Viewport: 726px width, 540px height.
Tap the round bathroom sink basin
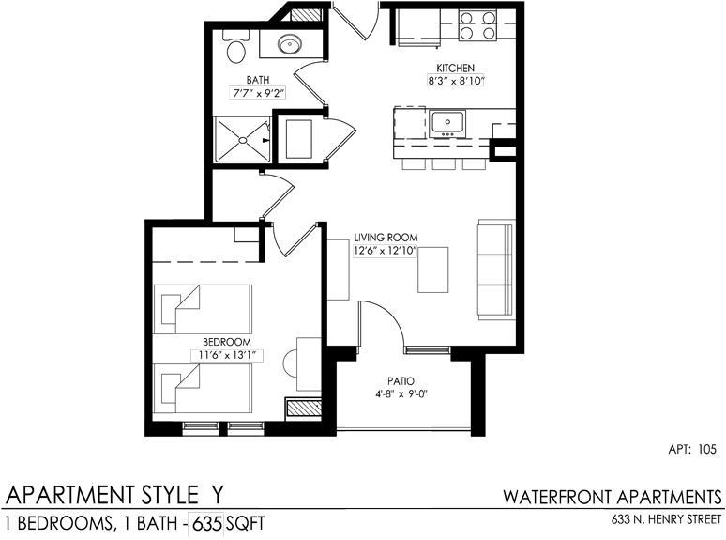coord(290,44)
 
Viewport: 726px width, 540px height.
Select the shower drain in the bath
coord(242,140)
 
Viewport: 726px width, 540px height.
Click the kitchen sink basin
coord(447,123)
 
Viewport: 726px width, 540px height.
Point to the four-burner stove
coord(477,25)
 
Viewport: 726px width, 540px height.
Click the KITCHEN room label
coord(455,69)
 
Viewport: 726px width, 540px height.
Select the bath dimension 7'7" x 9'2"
coord(257,93)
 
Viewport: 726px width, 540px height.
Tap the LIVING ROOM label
coord(386,238)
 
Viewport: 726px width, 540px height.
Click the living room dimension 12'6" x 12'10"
coord(386,251)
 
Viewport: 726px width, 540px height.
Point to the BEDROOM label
coord(227,342)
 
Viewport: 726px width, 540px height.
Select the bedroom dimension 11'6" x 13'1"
coord(227,356)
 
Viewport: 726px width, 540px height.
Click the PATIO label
coord(401,381)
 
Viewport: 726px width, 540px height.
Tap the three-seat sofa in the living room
coord(496,270)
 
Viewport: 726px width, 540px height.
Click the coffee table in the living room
coord(433,270)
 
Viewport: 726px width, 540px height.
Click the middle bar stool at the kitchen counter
coord(444,163)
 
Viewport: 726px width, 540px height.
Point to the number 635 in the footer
coord(207,523)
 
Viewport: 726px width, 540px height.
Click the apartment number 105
coord(706,449)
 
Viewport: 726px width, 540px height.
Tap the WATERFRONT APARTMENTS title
coord(613,497)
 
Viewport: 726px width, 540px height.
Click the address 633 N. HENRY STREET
coord(666,519)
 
